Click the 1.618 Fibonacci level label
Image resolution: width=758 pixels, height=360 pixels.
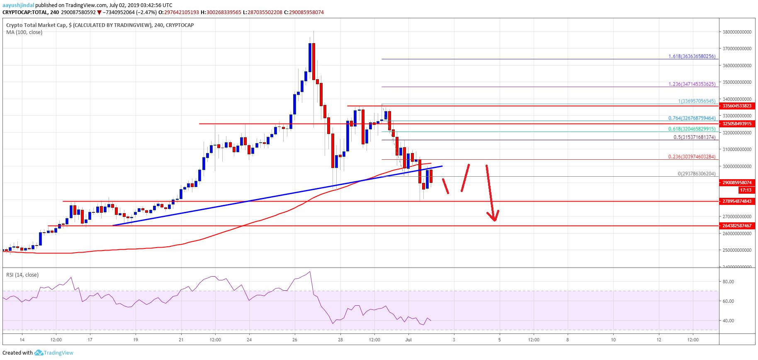tap(692, 56)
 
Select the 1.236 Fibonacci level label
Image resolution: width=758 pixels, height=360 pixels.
tap(692, 84)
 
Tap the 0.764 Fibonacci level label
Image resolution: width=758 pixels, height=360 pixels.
tap(692, 118)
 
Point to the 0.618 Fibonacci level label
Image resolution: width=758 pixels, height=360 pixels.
tap(692, 129)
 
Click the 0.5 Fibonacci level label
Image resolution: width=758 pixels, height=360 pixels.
tap(694, 137)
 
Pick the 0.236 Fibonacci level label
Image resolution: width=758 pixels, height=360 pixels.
tap(692, 157)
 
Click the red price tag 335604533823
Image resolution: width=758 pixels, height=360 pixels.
tap(737, 106)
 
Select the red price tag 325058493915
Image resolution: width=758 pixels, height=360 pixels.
tap(737, 124)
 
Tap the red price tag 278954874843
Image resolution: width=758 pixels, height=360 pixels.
tap(737, 201)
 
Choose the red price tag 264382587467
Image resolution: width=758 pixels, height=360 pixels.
tap(737, 226)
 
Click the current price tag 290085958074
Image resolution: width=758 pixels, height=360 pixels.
tap(737, 182)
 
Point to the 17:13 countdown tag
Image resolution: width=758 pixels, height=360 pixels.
tap(745, 190)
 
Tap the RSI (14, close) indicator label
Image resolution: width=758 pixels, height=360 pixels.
tap(22, 275)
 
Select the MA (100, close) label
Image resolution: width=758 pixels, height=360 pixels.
tap(24, 32)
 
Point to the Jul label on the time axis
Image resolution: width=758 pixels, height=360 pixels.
tap(408, 340)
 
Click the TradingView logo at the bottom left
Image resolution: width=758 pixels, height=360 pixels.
tap(53, 353)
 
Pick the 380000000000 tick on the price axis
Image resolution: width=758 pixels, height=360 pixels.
tap(737, 32)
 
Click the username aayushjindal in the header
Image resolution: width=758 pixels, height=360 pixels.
tap(18, 5)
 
